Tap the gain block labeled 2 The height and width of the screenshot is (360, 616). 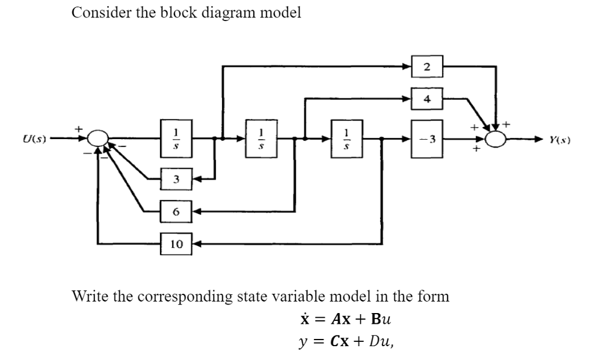[x=428, y=67]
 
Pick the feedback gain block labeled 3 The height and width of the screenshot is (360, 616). [x=175, y=179]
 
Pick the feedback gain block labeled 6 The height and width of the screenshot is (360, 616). [x=175, y=211]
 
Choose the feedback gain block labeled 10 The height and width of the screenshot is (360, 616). [x=176, y=244]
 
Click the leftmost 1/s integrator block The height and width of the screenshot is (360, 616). [x=175, y=139]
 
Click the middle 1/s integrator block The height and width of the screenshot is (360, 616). [x=260, y=139]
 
